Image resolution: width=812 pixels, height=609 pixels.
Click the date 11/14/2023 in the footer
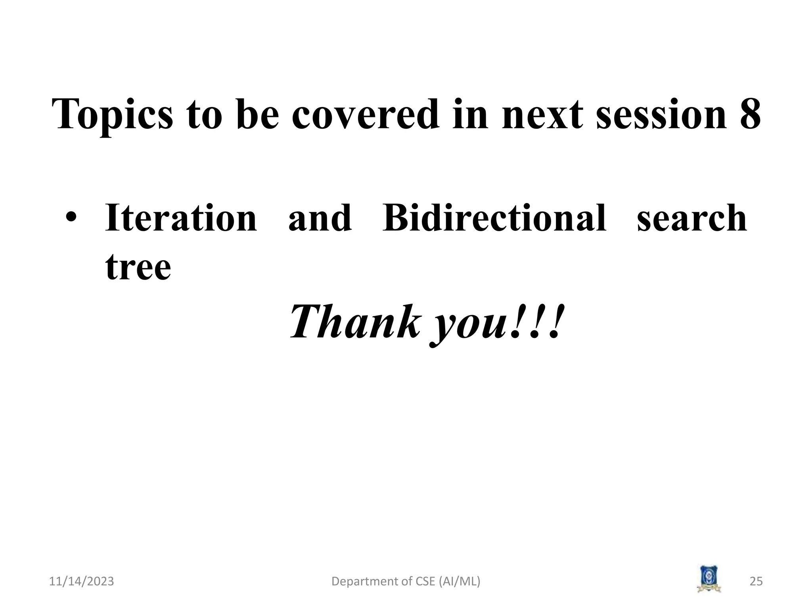(81, 581)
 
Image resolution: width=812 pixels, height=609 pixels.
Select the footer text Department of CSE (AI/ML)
(406, 581)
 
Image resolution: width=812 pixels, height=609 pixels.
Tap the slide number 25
(756, 581)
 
